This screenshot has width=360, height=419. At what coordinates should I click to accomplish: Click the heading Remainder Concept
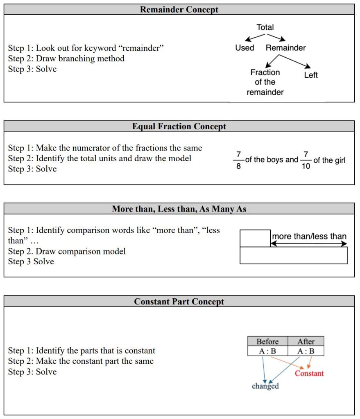(179, 9)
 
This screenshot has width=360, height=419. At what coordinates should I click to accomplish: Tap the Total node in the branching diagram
(265, 27)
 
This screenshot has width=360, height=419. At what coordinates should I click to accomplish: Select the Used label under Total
(245, 48)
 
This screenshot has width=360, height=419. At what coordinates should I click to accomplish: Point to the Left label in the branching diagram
(311, 75)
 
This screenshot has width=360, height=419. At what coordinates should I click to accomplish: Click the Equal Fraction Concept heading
(179, 126)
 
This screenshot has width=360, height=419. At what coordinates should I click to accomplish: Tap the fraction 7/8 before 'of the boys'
(238, 160)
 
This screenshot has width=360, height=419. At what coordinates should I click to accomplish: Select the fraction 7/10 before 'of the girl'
(306, 160)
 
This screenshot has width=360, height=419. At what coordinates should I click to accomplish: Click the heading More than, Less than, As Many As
(179, 209)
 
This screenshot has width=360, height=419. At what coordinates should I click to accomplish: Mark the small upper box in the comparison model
(255, 238)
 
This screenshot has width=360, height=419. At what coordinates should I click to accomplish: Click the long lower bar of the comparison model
(293, 255)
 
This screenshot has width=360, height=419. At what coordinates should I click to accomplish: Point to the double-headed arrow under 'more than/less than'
(309, 244)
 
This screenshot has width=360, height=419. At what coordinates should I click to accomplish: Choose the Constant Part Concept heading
(179, 302)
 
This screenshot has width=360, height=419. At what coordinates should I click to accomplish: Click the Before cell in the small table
(267, 341)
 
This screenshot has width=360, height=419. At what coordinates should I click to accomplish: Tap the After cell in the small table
(306, 341)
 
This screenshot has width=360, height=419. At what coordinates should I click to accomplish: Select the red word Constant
(309, 373)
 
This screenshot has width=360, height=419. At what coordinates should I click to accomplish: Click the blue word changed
(265, 386)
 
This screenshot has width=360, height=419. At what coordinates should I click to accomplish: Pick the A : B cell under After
(306, 351)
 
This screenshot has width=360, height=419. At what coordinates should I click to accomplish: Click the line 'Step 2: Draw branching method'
(66, 59)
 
